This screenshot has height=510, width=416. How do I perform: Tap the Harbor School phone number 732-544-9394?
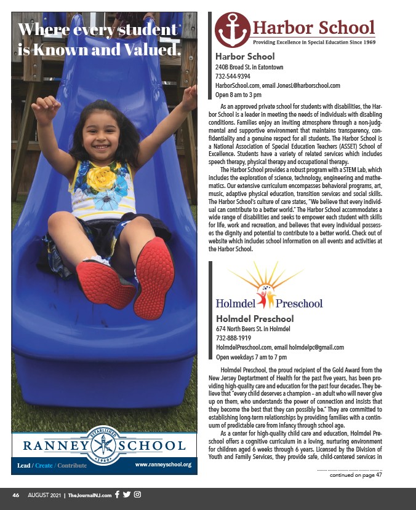233,76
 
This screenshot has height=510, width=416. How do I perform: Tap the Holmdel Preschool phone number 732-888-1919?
233,337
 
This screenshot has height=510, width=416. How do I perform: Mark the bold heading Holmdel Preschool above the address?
255,318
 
